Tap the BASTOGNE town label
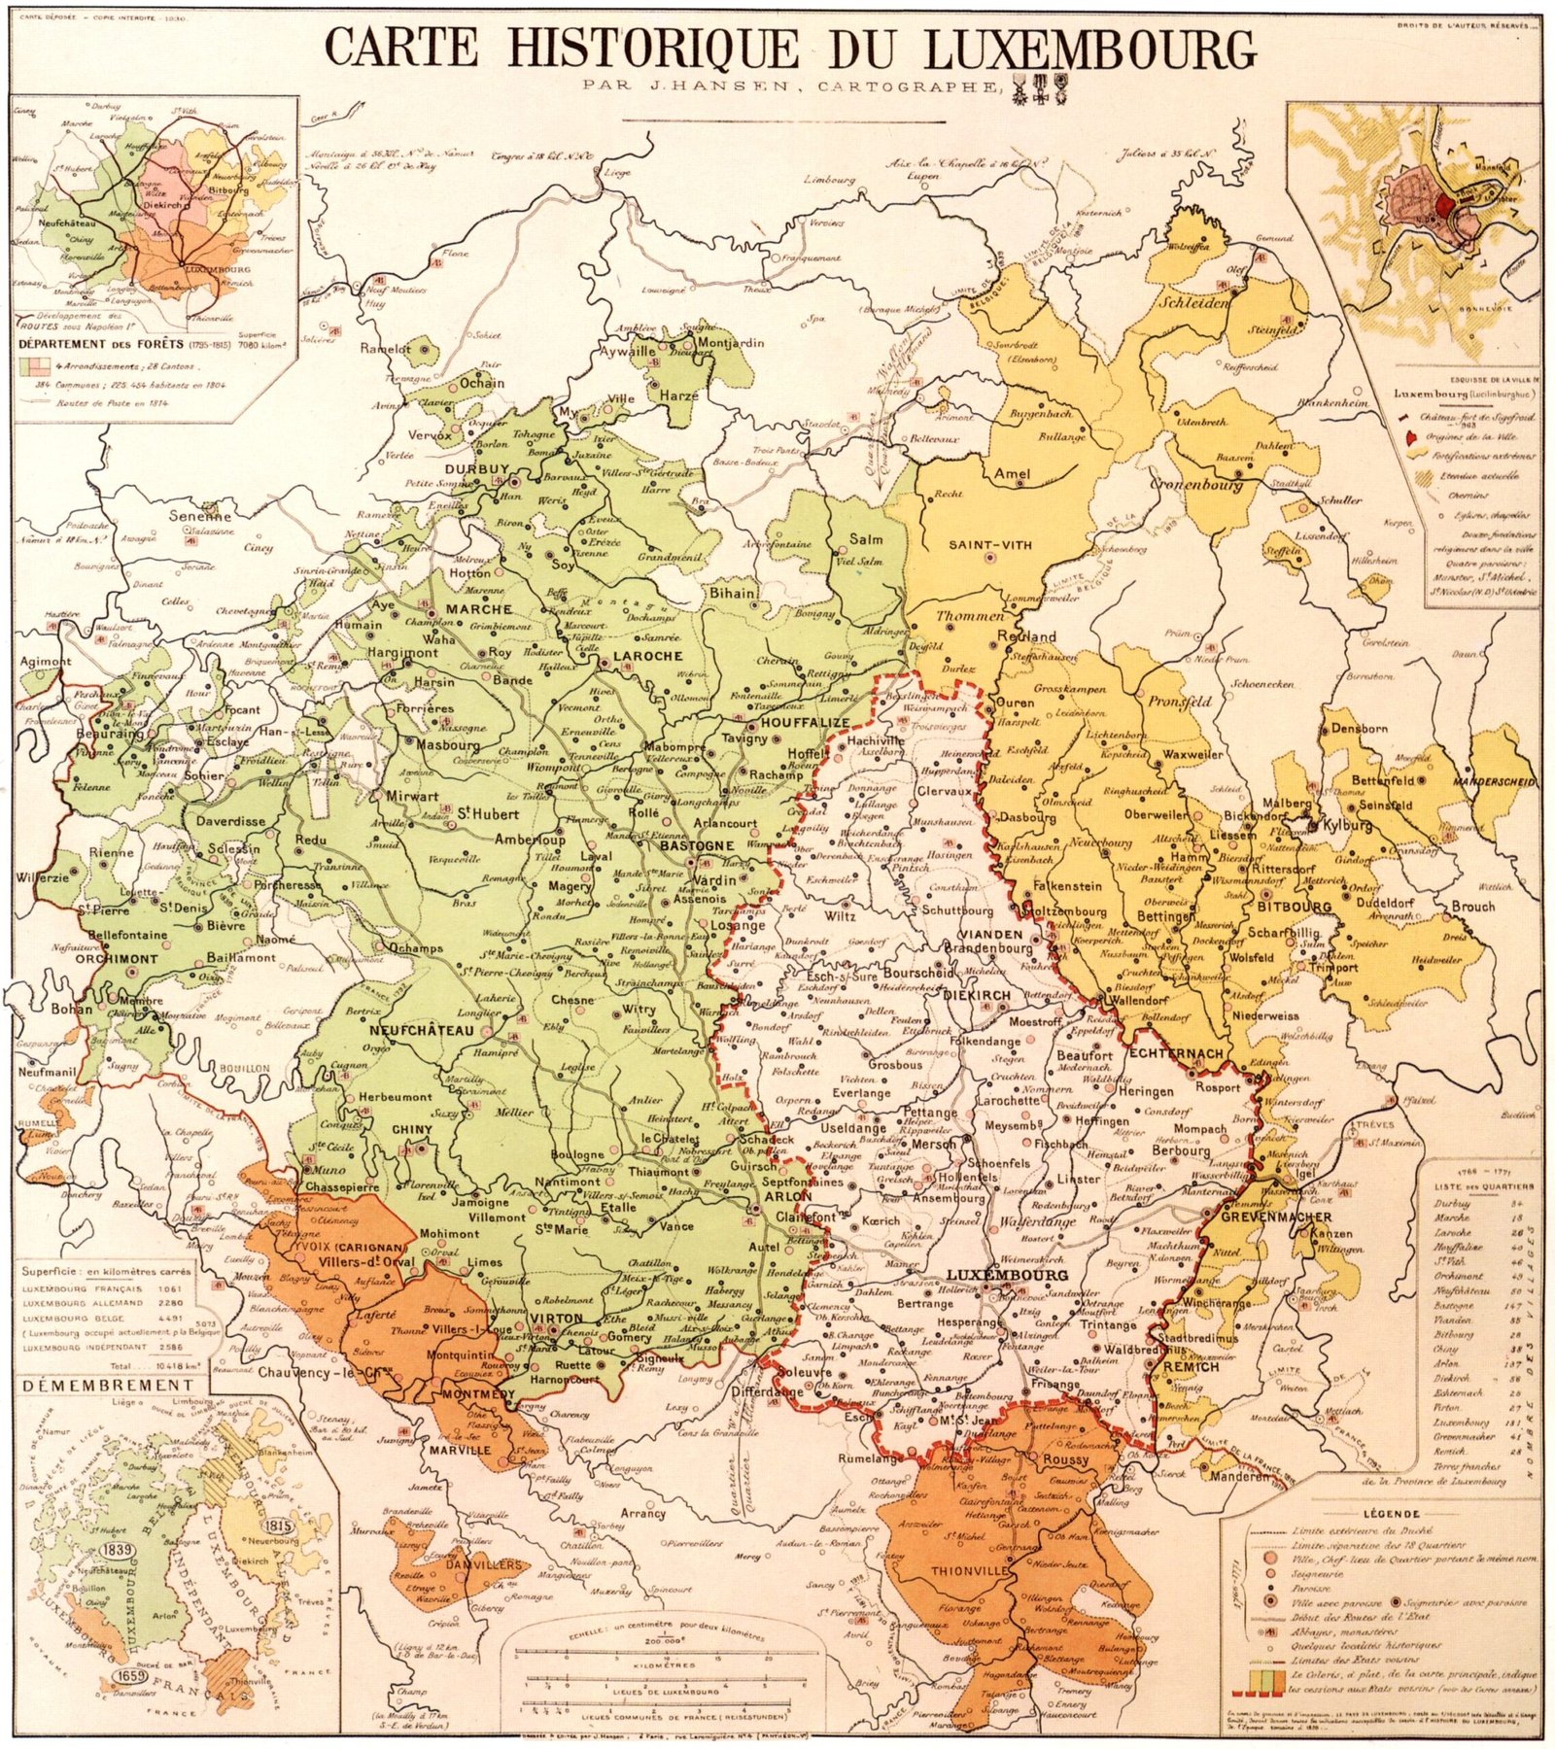697,845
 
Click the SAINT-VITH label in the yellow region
986,545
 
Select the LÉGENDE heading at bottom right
1392,1514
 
